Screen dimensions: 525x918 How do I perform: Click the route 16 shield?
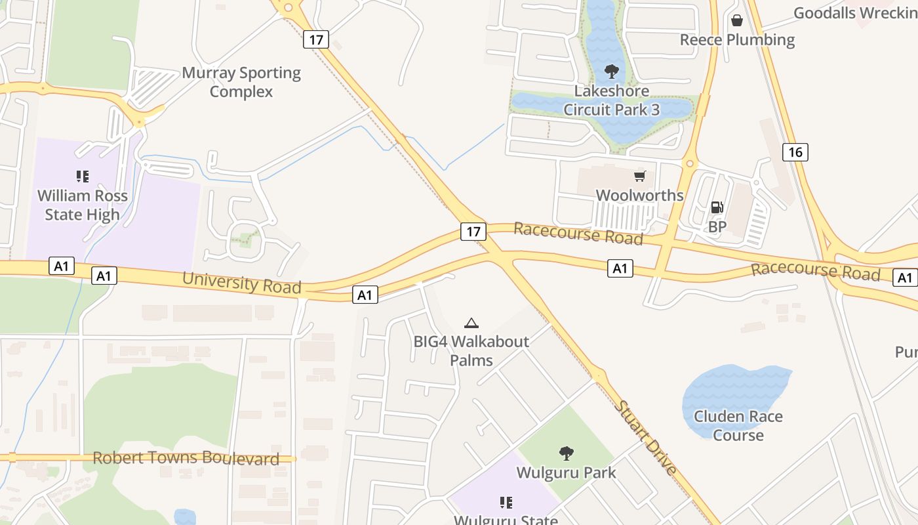pyautogui.click(x=795, y=152)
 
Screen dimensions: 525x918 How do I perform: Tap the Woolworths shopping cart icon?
pyautogui.click(x=639, y=176)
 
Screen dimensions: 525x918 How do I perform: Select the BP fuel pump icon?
pyautogui.click(x=717, y=207)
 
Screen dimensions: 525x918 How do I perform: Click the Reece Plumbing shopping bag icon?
pyautogui.click(x=737, y=20)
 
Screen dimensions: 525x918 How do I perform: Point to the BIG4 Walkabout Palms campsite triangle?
pyautogui.click(x=471, y=322)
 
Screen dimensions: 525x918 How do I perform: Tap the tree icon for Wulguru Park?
pyautogui.click(x=566, y=453)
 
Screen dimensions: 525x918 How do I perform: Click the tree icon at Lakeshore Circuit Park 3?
pyautogui.click(x=611, y=71)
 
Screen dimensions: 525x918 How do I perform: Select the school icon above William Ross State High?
pyautogui.click(x=82, y=176)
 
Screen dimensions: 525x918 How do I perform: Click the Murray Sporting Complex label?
pyautogui.click(x=241, y=82)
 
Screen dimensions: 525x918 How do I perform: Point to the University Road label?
pyautogui.click(x=241, y=283)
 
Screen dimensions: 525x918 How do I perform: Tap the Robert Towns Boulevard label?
pyautogui.click(x=186, y=458)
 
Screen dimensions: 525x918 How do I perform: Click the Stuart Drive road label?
pyautogui.click(x=645, y=437)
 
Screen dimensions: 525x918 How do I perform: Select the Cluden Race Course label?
pyautogui.click(x=738, y=425)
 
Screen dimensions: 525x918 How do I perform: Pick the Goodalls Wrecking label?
pyautogui.click(x=855, y=13)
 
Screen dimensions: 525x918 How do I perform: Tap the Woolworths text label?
pyautogui.click(x=639, y=195)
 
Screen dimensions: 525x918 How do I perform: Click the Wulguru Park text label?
pyautogui.click(x=566, y=472)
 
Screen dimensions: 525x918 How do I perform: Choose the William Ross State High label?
pyautogui.click(x=82, y=205)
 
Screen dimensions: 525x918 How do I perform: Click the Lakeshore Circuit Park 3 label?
pyautogui.click(x=611, y=100)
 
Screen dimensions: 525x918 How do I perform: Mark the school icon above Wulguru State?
pyautogui.click(x=506, y=503)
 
